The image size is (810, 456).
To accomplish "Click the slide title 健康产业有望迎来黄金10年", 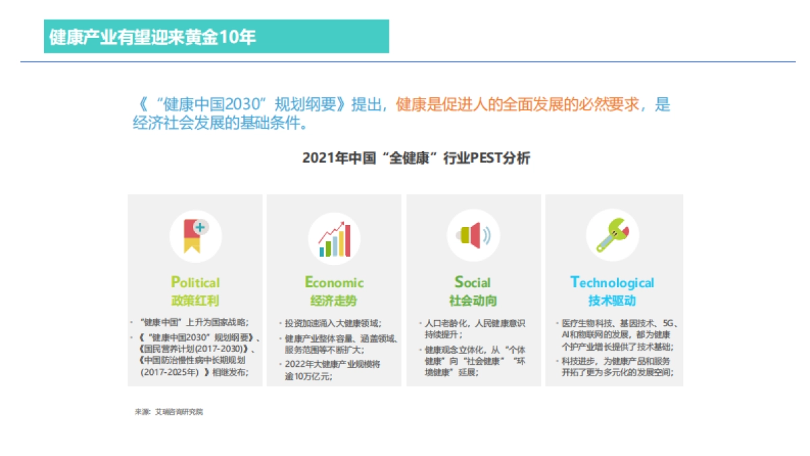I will point(153,36).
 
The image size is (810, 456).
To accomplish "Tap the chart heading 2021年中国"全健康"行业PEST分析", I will point(416,158).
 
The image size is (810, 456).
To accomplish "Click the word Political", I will point(195,282).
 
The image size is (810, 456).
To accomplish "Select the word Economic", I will point(334,282).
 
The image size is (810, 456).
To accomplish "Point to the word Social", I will point(473,282).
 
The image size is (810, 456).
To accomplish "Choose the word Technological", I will point(612,282).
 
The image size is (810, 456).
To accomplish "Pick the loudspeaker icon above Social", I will point(473,236).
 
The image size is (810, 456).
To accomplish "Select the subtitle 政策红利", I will point(195,301).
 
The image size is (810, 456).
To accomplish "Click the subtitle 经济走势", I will point(334,301).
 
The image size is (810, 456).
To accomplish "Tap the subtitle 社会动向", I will point(473,301).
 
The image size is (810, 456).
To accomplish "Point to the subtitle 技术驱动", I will point(612,301).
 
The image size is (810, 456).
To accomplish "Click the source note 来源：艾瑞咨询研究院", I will point(169,411).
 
